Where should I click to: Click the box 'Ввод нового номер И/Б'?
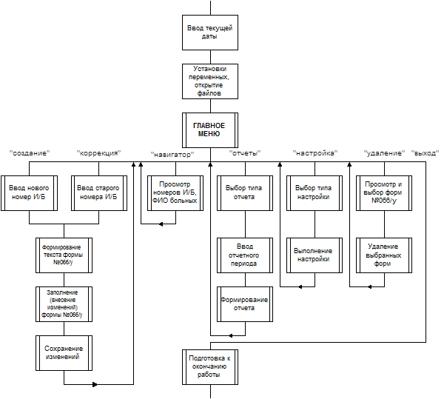(x=29, y=192)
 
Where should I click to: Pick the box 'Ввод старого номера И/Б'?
(x=98, y=192)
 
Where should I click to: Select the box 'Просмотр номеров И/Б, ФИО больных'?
(x=175, y=192)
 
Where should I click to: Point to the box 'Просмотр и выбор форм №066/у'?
(x=383, y=192)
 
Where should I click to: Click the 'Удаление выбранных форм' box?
(x=383, y=255)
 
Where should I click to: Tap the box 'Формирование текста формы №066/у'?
(x=64, y=255)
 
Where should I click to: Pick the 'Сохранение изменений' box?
(x=64, y=352)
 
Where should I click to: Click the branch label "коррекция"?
(x=99, y=153)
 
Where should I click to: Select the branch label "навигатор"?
(x=172, y=153)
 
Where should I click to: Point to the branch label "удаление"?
(x=383, y=153)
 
